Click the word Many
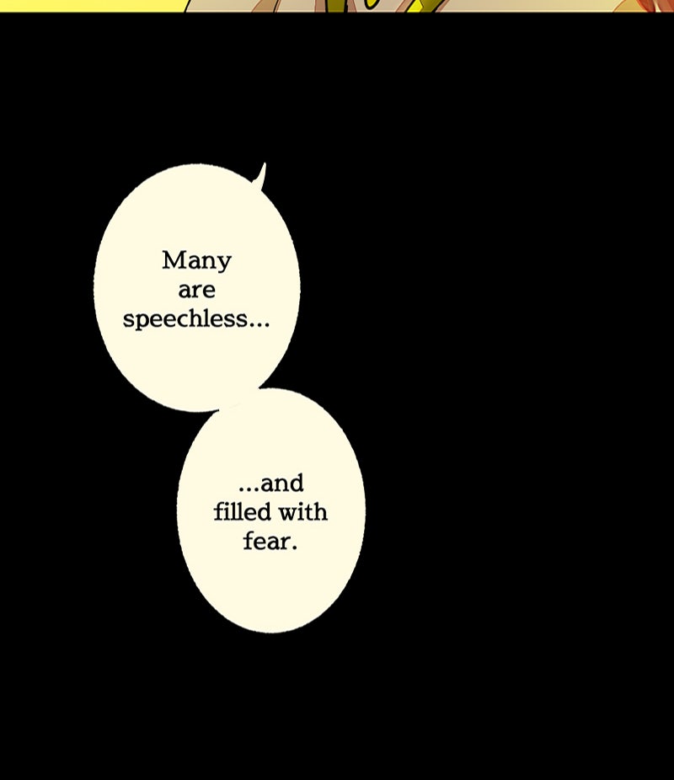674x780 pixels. click(196, 262)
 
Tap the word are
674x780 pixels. click(196, 291)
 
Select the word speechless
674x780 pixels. click(185, 320)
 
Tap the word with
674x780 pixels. click(302, 511)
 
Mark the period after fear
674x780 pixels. click(294, 548)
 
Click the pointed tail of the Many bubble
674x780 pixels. click(262, 172)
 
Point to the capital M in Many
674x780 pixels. click(173, 260)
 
